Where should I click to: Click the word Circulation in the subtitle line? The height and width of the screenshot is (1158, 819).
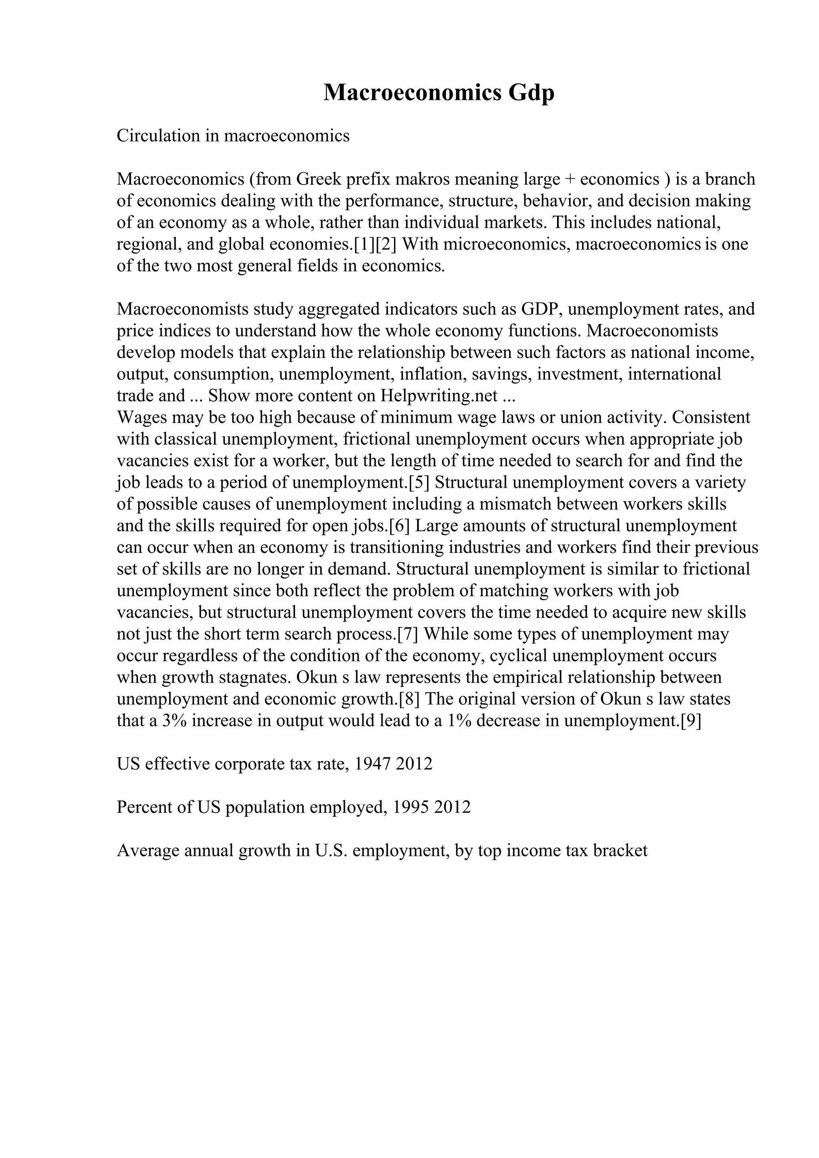coord(158,136)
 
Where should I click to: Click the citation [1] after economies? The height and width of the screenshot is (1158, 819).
coord(362,245)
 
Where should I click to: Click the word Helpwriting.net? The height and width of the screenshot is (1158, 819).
coord(439,396)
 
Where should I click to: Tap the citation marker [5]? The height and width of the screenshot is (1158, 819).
coord(419,483)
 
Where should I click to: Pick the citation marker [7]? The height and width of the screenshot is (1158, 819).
coord(408,635)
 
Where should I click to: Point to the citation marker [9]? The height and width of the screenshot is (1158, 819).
coord(691,721)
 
